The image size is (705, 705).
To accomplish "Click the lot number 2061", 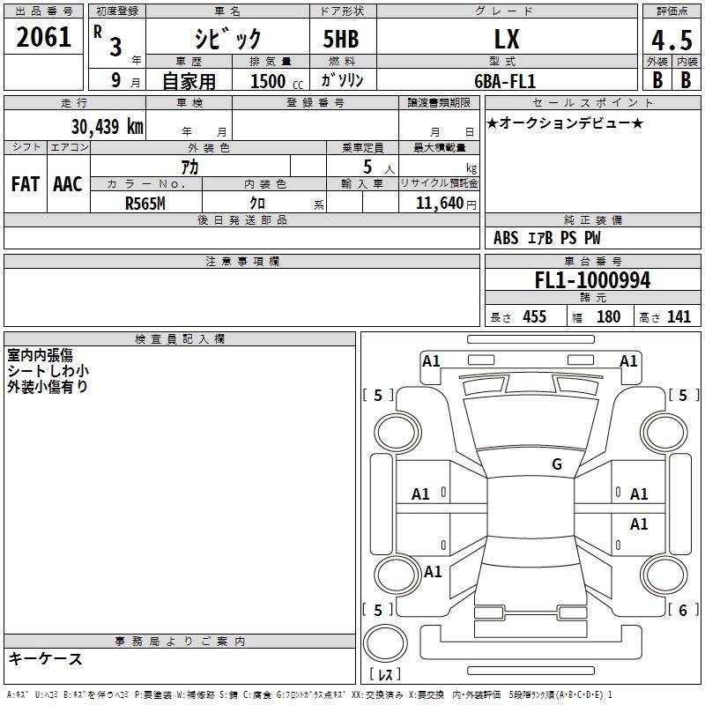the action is (x=44, y=37).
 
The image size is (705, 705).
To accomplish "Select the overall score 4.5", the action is (x=671, y=41).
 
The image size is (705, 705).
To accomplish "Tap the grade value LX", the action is (x=507, y=40).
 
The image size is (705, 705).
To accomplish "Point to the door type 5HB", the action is (x=341, y=40).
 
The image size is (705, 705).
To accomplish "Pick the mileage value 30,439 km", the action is (x=108, y=127).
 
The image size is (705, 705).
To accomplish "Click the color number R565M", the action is (x=145, y=203).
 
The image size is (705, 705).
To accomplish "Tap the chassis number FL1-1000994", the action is (x=592, y=280).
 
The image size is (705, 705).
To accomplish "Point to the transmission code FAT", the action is (x=25, y=184).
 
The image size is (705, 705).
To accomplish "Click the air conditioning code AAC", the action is (x=68, y=184).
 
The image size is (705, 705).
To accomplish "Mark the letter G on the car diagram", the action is (x=557, y=464).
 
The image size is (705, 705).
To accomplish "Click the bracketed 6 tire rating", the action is (x=682, y=610).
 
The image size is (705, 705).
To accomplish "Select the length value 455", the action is (x=534, y=317).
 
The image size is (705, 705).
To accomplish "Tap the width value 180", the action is (x=608, y=317).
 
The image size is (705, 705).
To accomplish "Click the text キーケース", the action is (x=45, y=659).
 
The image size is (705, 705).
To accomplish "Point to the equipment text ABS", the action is (x=506, y=238).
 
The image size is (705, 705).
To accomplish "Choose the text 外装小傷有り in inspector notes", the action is (x=48, y=386).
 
